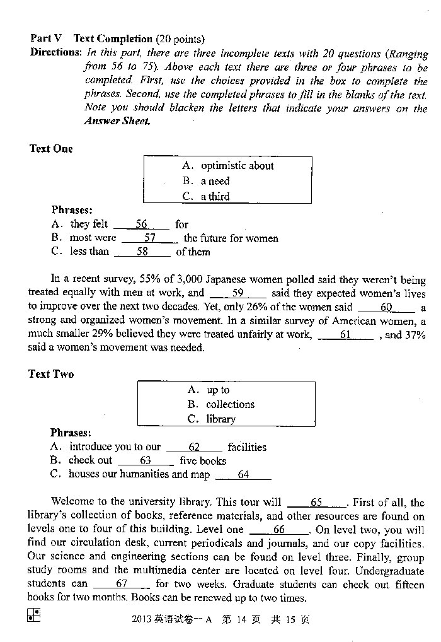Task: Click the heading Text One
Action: click(51, 149)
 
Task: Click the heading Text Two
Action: click(51, 374)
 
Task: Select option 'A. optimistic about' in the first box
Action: click(228, 166)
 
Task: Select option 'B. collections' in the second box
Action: click(220, 404)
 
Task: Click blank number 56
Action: click(142, 224)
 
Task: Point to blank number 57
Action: click(150, 238)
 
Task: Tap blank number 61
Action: click(346, 335)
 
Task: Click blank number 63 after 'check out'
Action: click(146, 460)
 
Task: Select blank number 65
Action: click(316, 503)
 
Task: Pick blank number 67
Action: click(122, 584)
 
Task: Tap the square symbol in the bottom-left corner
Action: click(34, 615)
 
